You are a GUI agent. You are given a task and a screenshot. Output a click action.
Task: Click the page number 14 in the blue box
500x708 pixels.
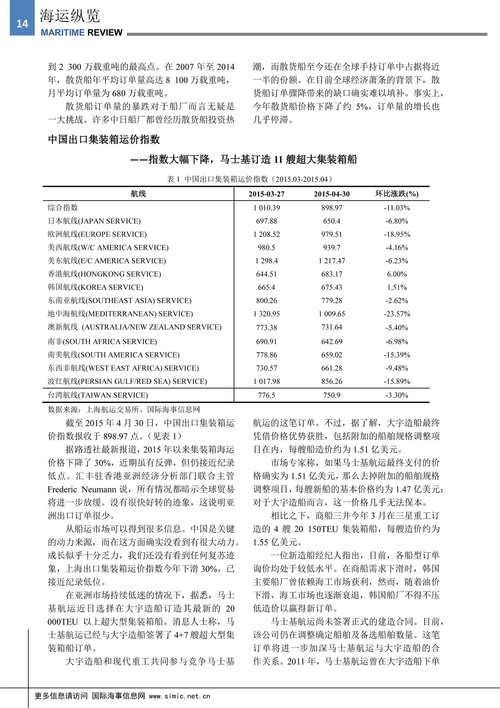(22, 24)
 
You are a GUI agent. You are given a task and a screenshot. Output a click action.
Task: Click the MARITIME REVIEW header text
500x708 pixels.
(82, 33)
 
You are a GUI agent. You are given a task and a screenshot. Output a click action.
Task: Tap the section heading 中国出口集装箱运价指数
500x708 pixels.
(104, 139)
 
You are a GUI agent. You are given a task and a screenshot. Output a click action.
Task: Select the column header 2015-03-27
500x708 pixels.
(266, 194)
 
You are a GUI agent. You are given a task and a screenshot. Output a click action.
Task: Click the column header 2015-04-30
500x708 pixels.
(332, 194)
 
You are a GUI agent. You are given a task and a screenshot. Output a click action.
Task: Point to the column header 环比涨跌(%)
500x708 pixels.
(397, 194)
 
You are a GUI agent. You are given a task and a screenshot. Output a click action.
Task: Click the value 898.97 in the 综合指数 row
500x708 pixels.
(332, 208)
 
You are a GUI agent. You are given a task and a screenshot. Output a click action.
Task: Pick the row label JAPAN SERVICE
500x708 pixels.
(94, 221)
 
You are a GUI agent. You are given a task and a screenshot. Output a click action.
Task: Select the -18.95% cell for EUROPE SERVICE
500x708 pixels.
(397, 234)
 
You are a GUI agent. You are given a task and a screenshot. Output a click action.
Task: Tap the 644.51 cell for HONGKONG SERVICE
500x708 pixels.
(266, 274)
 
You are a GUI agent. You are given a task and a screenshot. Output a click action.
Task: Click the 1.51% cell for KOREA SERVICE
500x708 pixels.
(397, 287)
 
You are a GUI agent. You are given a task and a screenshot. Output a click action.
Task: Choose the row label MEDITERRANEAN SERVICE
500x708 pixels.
(120, 314)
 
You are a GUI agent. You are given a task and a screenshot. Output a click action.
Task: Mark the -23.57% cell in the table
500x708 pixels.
(397, 314)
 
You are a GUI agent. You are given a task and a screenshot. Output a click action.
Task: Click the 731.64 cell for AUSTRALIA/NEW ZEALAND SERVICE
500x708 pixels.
(332, 327)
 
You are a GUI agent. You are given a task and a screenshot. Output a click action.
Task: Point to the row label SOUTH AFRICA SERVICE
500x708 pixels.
(102, 341)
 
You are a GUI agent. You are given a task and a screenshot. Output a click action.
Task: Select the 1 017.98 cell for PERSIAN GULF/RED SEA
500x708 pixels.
(266, 382)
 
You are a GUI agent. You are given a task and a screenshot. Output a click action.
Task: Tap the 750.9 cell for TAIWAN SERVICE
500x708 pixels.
(332, 395)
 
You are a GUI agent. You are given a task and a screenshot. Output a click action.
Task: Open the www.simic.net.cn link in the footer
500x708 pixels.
(180, 696)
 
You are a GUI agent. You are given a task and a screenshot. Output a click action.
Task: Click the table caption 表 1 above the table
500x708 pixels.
(173, 179)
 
